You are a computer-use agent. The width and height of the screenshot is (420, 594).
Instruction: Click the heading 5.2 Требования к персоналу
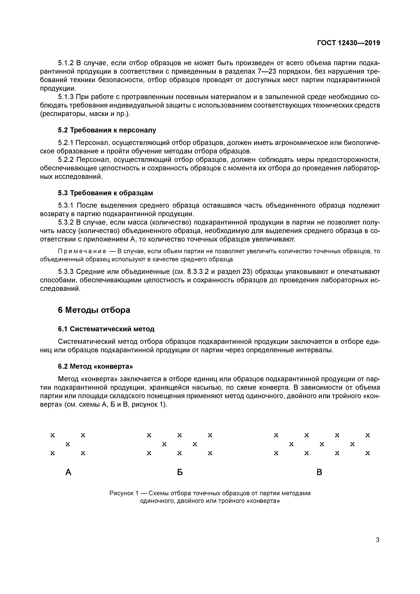tap(107, 130)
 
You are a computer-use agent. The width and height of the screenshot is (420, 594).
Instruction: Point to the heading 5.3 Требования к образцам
tap(105, 193)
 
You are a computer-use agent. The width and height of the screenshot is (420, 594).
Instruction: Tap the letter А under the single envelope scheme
tap(68, 472)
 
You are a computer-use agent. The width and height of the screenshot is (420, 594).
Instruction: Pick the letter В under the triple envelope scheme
tap(319, 472)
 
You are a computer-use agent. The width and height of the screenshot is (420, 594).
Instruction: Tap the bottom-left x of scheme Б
tap(149, 453)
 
